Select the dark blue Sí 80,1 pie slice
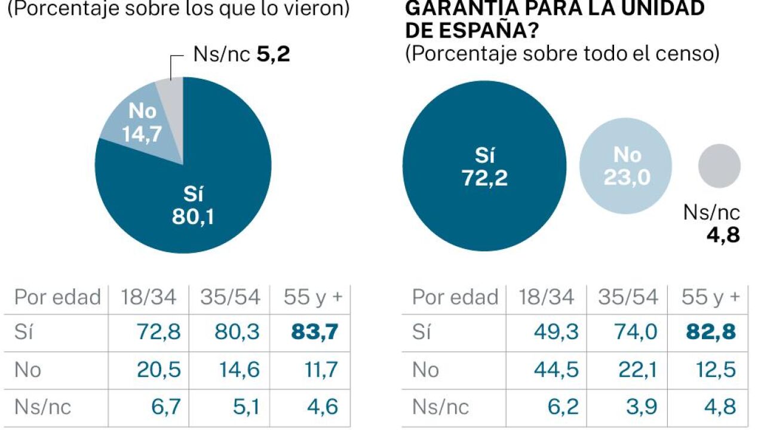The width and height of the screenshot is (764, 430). (197, 191)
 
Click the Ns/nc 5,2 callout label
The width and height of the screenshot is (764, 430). (241, 55)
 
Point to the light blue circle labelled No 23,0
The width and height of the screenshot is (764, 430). (626, 166)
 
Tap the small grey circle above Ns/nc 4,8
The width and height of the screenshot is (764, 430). (719, 165)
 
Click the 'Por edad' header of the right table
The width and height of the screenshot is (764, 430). (455, 297)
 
